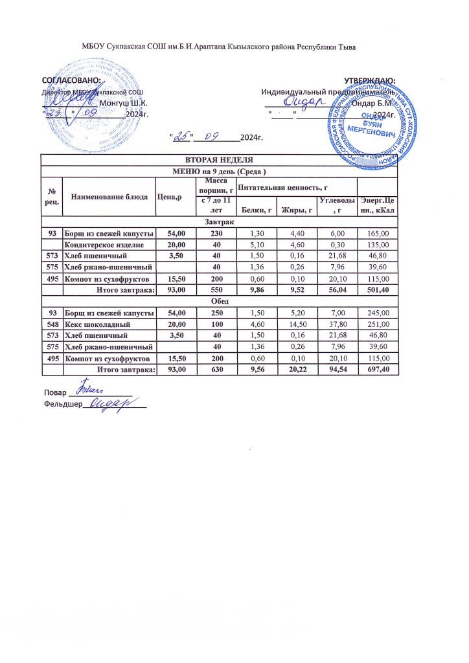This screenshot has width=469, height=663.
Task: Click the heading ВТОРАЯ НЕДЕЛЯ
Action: (219, 160)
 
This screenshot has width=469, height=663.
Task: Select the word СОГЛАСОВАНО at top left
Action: (71, 80)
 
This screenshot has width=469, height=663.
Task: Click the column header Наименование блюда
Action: (108, 197)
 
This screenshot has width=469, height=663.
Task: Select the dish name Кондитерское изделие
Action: (108, 244)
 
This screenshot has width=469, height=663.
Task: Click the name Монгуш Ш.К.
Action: (123, 104)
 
